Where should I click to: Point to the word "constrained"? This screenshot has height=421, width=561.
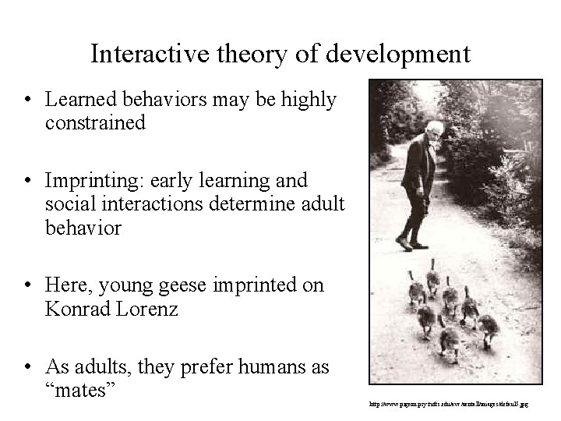point(96,122)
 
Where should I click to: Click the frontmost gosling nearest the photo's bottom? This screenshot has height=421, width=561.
point(450,343)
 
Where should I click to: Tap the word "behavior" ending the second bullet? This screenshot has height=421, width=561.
point(83,228)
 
